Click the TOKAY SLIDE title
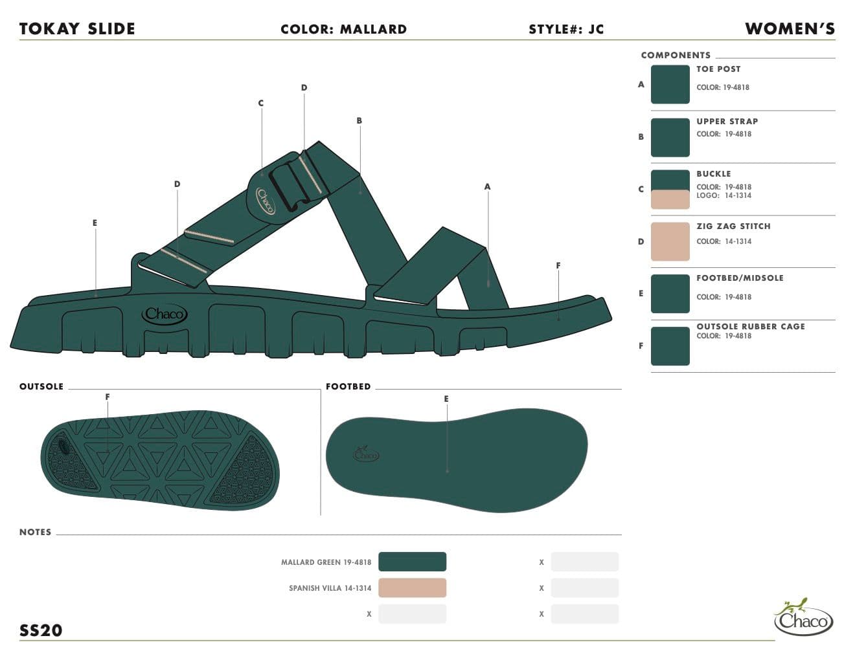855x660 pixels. click(x=77, y=29)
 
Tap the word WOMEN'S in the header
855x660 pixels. click(x=790, y=28)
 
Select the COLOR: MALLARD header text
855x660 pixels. click(x=343, y=30)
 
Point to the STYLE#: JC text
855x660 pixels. click(x=566, y=30)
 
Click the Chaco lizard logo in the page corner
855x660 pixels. click(x=803, y=617)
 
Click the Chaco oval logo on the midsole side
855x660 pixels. click(x=165, y=314)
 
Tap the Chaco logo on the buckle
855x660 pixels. click(x=266, y=201)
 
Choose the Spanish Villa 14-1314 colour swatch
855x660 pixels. click(x=413, y=588)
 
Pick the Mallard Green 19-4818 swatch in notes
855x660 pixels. click(x=413, y=562)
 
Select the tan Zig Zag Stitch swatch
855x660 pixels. click(x=670, y=241)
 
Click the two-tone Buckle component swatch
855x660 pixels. click(x=670, y=189)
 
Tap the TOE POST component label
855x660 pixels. click(x=718, y=69)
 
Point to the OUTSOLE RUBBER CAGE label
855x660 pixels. click(x=751, y=326)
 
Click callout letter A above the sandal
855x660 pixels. click(x=488, y=187)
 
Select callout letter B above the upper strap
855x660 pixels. click(x=359, y=121)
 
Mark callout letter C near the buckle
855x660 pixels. click(x=260, y=103)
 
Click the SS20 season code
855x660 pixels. click(x=41, y=630)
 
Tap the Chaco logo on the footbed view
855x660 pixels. click(x=365, y=454)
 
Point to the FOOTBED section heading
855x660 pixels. click(x=348, y=386)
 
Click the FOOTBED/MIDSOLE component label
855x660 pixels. click(x=740, y=278)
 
